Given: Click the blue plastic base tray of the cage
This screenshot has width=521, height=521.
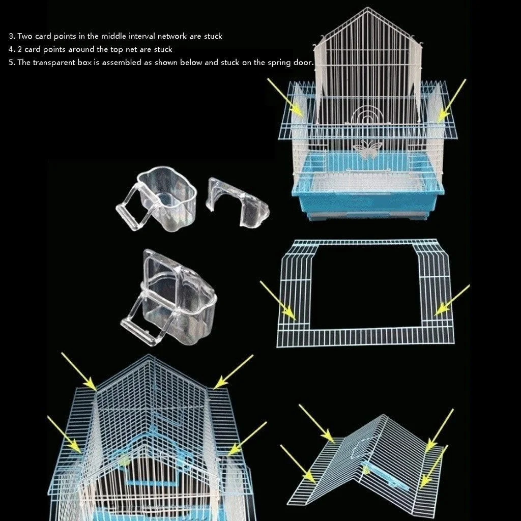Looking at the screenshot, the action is tap(368, 196).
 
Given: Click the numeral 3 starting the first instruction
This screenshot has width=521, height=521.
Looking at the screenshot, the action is tap(12, 36).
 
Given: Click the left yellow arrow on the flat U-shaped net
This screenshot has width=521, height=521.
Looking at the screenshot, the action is tap(278, 300).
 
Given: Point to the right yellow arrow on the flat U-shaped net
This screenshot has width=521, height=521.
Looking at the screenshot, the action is tap(452, 300).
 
